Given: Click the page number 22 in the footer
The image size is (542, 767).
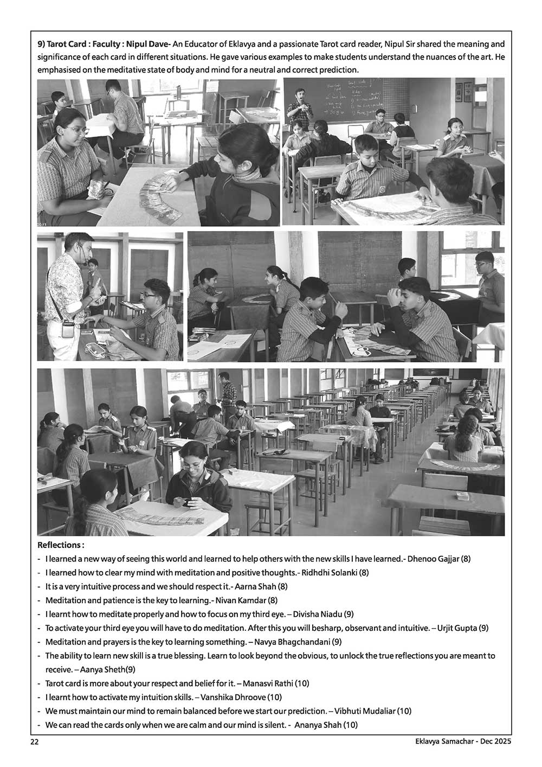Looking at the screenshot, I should coord(34,741).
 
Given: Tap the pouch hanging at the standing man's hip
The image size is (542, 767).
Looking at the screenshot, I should coord(68,329).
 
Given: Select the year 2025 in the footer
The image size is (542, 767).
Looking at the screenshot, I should coord(502,741).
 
